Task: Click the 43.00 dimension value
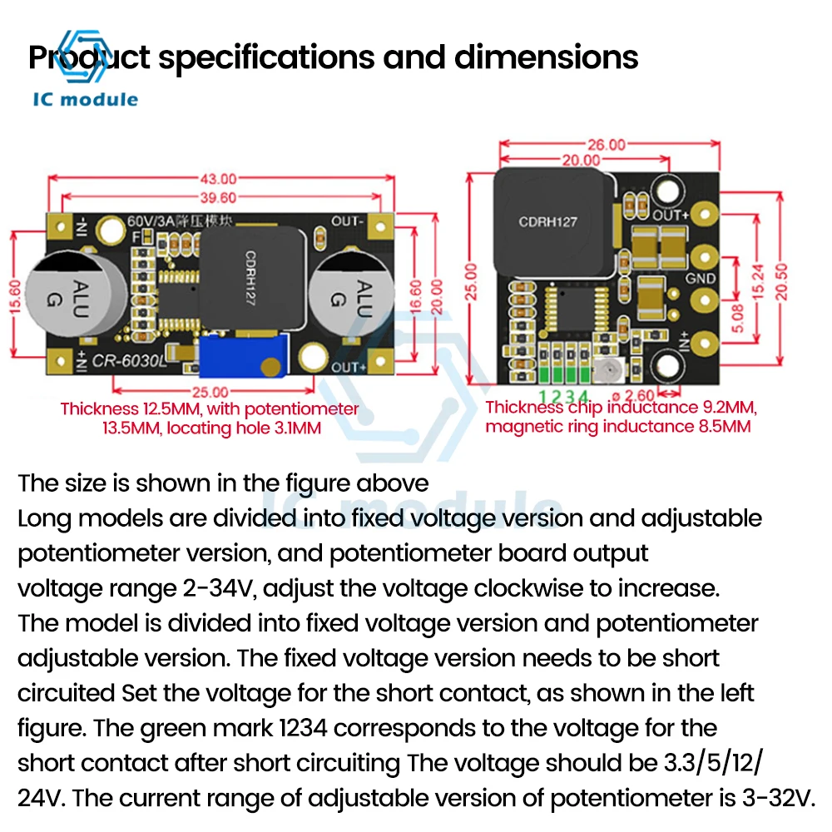[x=219, y=178]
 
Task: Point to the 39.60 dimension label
[x=219, y=197]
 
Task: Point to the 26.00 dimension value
[x=607, y=144]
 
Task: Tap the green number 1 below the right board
[x=542, y=396]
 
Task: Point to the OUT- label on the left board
[x=348, y=221]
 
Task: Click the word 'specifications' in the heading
[x=301, y=57]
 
